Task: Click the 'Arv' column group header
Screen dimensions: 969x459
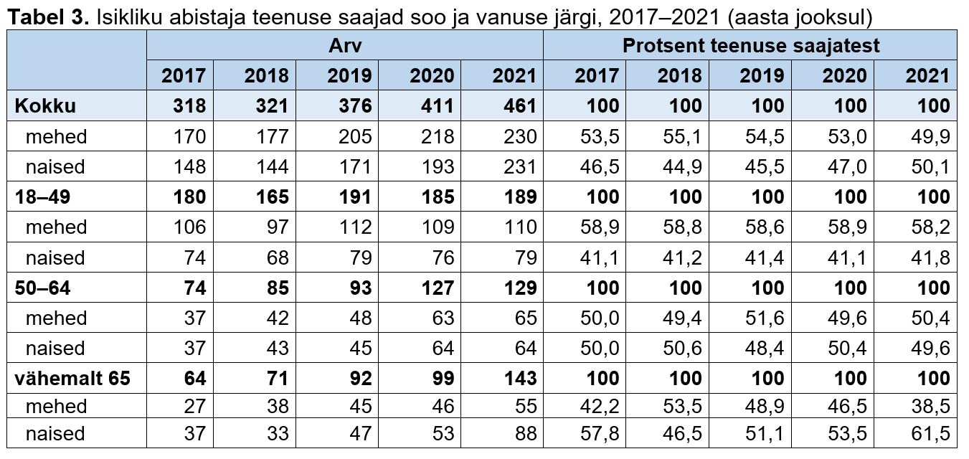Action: coord(345,46)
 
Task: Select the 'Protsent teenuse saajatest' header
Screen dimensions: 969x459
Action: coord(750,46)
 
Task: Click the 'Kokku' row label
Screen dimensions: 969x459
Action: coord(45,106)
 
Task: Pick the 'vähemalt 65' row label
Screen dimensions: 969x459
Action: coord(72,379)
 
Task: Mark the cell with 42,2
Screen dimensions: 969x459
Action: coord(601,406)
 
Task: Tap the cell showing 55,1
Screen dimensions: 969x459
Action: coord(684,136)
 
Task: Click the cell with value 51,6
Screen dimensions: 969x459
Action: coord(766,318)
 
